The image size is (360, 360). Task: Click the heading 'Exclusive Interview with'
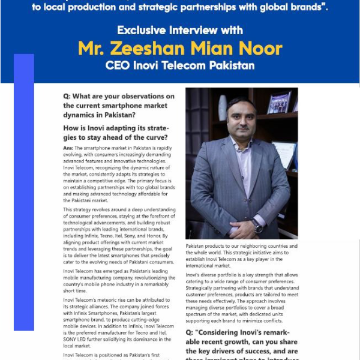pos(180,30)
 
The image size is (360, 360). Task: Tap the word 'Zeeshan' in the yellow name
pos(170,48)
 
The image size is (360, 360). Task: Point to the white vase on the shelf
pos(223,108)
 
